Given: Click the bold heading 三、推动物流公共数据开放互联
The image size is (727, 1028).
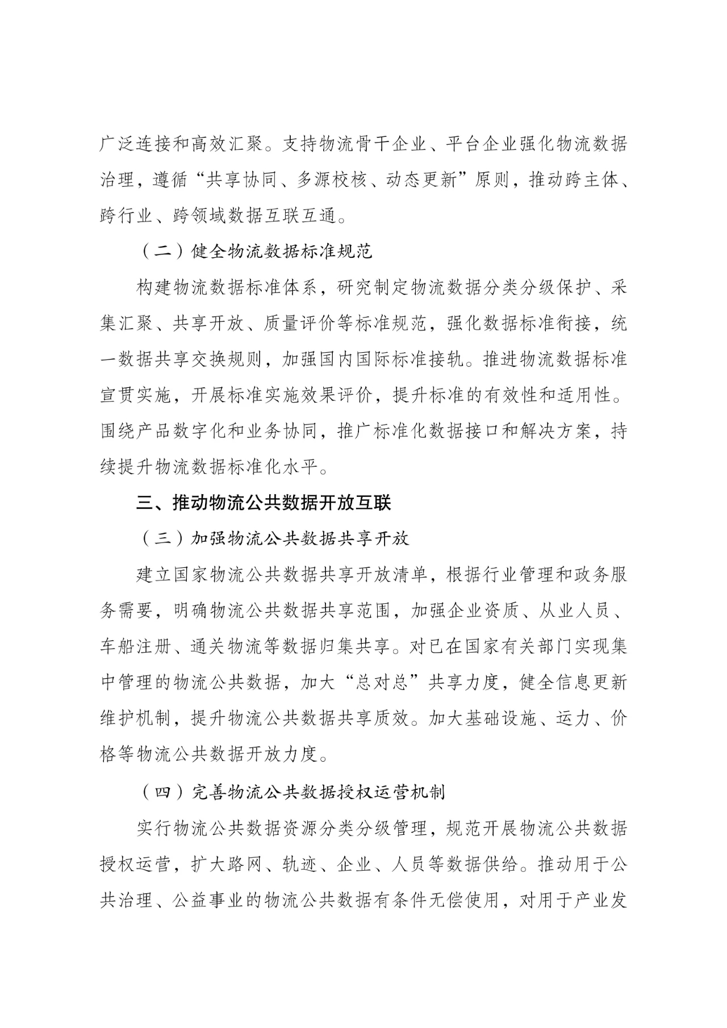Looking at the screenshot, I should [264, 503].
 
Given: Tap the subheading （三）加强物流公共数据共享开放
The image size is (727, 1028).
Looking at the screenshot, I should [273, 538].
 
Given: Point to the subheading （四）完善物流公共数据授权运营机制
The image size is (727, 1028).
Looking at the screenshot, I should [291, 792].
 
